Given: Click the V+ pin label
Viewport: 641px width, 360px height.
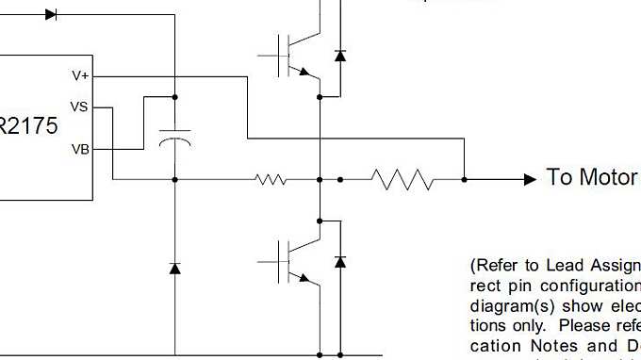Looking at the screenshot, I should point(80,75).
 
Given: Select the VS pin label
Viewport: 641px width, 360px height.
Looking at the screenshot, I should point(80,106).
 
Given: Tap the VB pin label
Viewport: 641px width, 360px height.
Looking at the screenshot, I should point(80,148).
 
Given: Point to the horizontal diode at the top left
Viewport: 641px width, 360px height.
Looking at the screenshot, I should point(51,14).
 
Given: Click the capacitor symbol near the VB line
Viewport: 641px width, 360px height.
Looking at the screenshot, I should point(174,137).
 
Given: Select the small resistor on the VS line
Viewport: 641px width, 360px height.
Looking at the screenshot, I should point(271,178).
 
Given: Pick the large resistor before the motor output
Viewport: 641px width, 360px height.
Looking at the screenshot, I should point(403,178).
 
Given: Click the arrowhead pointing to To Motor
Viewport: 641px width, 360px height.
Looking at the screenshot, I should point(530,178).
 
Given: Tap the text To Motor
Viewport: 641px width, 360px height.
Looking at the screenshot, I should point(591,178).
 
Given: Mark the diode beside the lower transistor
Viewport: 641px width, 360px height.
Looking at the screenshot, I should point(340,261).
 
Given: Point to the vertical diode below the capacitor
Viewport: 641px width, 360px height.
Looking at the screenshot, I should point(174,269).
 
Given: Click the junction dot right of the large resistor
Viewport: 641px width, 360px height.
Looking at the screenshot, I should point(464,178).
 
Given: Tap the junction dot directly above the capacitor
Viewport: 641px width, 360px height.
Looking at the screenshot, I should point(174,96).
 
